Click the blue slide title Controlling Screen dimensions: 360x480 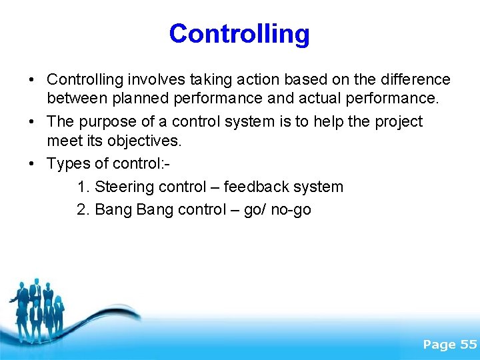tap(239, 33)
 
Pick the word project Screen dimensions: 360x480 tap(399, 122)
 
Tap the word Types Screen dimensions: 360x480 tap(67, 163)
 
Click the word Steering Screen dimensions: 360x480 tap(124, 187)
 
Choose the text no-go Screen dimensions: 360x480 tap(291, 210)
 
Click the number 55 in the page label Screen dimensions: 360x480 tap(469, 344)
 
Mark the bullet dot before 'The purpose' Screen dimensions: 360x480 tap(32, 122)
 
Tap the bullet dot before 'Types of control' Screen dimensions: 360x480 tap(32, 163)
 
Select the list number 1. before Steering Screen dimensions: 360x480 tap(83, 187)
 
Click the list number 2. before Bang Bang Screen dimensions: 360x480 tap(83, 210)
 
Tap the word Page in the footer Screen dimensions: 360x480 tap(439, 344)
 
